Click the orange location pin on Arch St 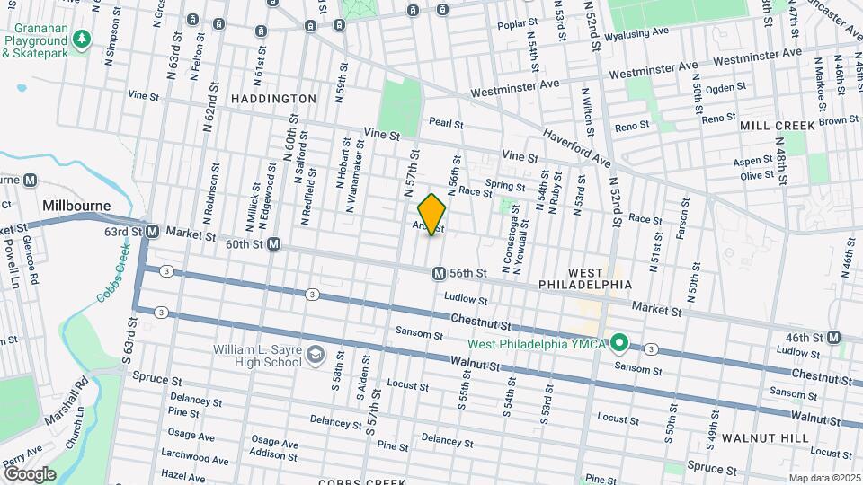coord(432,214)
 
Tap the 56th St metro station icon coord(439,273)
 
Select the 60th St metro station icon coord(274,244)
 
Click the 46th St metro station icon coord(834,338)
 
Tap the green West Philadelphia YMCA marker coord(619,342)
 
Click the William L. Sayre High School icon coord(315,356)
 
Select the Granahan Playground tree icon coord(82,40)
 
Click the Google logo coord(30,473)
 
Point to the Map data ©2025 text coord(823,478)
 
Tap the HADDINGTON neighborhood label coord(273,98)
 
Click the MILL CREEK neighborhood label coord(777,126)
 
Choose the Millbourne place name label coord(76,206)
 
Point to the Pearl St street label coord(445,123)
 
